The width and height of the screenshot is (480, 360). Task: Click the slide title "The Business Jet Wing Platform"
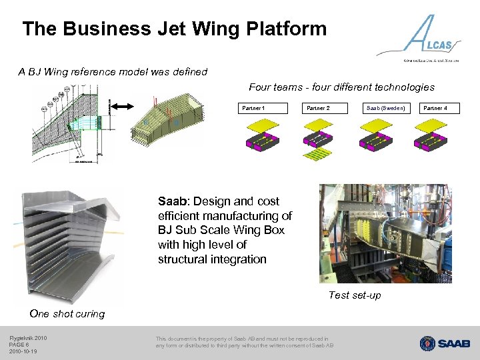click(174, 29)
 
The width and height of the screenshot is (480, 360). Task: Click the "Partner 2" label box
click(318, 108)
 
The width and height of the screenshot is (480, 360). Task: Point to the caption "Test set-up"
click(355, 295)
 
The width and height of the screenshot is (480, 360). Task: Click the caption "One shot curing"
click(67, 314)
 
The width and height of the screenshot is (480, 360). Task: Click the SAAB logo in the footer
click(445, 343)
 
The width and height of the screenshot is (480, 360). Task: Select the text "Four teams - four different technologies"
click(341, 87)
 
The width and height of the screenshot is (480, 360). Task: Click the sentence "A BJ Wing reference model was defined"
click(113, 72)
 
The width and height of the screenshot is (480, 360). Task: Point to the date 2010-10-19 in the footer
click(23, 351)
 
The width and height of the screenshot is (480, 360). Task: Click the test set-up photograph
click(385, 233)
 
